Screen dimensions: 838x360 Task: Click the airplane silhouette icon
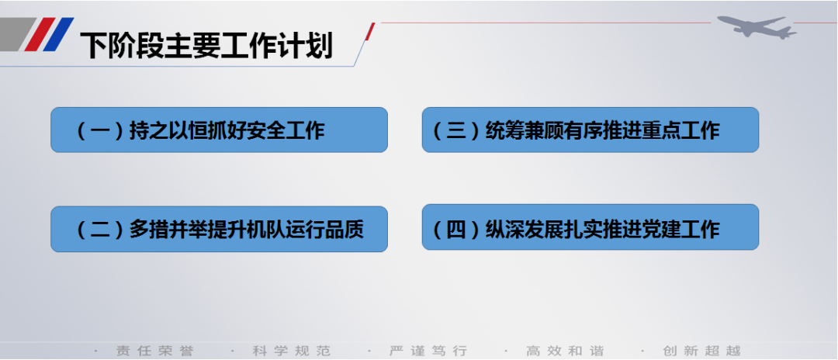click(757, 26)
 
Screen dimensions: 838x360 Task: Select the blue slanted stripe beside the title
click(59, 34)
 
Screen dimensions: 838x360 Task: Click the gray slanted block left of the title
click(16, 34)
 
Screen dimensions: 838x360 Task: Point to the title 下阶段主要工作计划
click(206, 46)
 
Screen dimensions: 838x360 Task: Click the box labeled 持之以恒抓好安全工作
click(219, 130)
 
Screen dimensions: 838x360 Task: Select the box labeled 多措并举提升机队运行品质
click(219, 229)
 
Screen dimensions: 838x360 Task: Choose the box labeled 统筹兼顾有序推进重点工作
click(590, 130)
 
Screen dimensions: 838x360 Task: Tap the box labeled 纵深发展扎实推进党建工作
click(590, 227)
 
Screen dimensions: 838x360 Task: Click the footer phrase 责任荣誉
click(155, 351)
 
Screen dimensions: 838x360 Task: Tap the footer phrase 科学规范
click(291, 351)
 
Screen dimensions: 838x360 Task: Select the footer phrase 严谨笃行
click(428, 351)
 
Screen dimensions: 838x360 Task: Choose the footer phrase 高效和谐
click(565, 351)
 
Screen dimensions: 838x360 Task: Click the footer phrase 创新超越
click(701, 351)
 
